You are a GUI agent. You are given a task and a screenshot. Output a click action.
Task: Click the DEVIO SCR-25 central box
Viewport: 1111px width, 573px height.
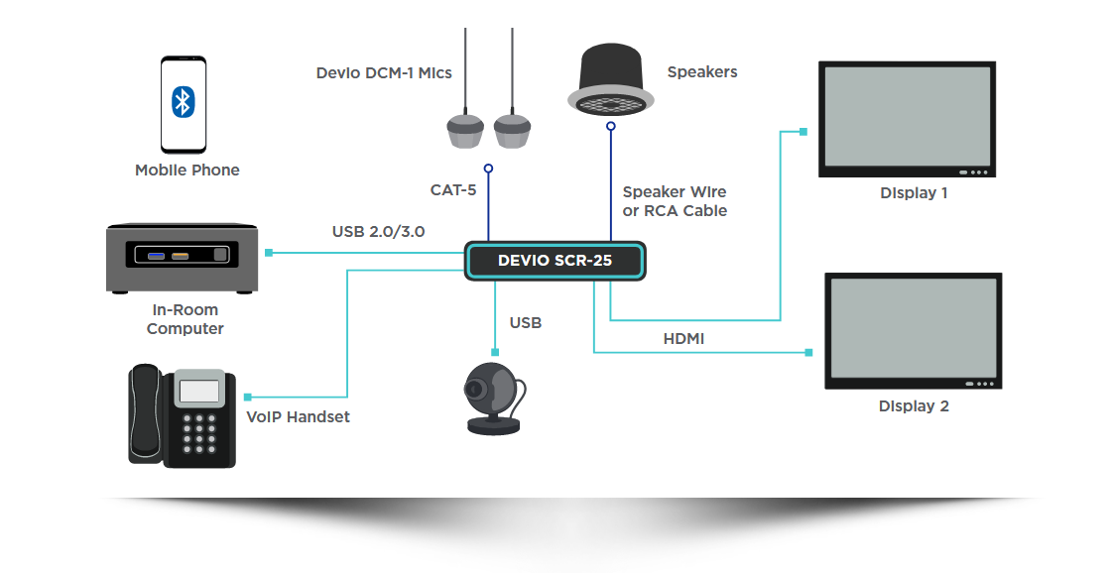click(555, 262)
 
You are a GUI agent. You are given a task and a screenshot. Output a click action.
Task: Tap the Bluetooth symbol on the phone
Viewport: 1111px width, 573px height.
click(184, 101)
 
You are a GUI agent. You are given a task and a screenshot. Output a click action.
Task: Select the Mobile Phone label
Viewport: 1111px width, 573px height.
click(186, 171)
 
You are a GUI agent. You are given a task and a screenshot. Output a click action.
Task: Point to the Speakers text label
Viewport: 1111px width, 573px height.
click(701, 72)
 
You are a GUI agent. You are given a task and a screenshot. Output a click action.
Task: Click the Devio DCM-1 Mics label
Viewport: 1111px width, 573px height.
click(384, 73)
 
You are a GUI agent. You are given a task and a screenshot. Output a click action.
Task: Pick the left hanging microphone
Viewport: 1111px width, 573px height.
click(465, 130)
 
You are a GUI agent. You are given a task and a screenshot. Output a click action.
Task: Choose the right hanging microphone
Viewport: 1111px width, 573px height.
click(513, 130)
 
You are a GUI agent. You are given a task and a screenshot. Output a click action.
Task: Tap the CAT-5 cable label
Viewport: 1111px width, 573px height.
click(453, 190)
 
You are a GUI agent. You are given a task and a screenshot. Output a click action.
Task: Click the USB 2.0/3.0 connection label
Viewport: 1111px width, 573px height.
click(378, 232)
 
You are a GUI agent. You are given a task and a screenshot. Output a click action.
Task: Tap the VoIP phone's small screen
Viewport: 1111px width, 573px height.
click(198, 390)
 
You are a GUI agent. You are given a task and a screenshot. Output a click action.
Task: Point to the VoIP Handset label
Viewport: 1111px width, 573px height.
click(298, 417)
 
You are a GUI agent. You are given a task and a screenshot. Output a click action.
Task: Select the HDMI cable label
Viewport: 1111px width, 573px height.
click(683, 339)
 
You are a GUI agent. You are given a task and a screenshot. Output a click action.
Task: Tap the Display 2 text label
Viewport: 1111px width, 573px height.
click(914, 406)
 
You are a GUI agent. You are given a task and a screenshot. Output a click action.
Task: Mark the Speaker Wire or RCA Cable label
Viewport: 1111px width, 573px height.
click(675, 201)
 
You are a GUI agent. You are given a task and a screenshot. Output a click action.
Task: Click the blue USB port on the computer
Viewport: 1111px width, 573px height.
click(156, 257)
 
